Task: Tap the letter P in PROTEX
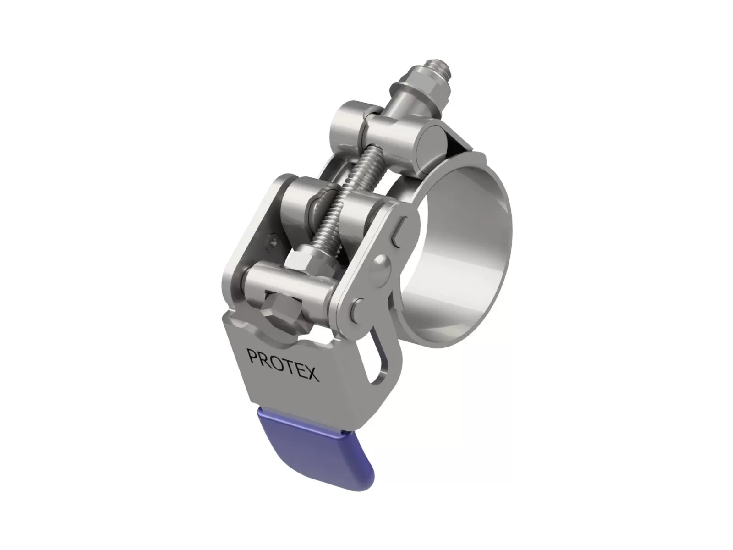[252, 355]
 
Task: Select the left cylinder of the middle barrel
[300, 202]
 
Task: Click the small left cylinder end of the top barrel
[345, 120]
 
